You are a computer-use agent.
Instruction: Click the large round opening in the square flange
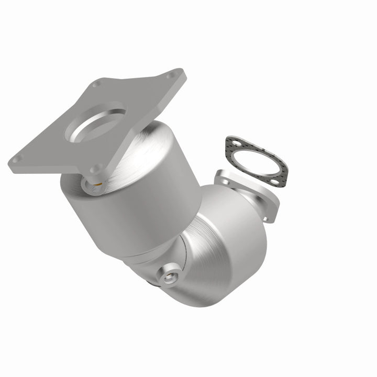pos(96,124)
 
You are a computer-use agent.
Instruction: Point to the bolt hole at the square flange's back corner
pos(96,84)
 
